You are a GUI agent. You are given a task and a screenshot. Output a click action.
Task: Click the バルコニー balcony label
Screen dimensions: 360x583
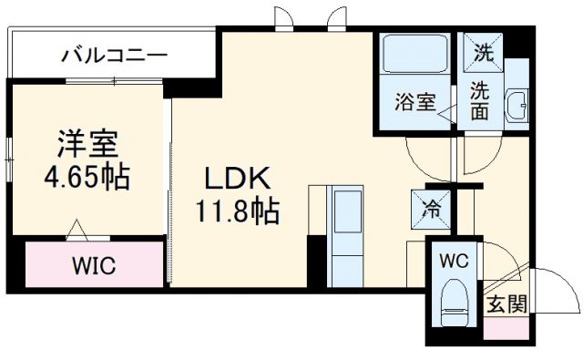coord(115,56)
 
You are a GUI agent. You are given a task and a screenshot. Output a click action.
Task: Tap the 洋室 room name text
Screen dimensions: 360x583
coord(87,143)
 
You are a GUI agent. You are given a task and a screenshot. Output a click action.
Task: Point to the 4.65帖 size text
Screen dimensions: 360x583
coord(87,175)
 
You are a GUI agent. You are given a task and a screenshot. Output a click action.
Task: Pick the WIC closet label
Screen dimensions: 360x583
coord(94,268)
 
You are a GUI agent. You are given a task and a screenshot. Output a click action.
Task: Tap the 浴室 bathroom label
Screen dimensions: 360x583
coord(414,103)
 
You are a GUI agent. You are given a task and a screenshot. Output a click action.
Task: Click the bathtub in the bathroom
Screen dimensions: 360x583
coord(414,57)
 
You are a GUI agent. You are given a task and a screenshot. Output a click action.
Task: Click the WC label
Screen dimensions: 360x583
coord(454,259)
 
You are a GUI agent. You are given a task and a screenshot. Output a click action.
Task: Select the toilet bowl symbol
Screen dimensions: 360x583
coord(453,306)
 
